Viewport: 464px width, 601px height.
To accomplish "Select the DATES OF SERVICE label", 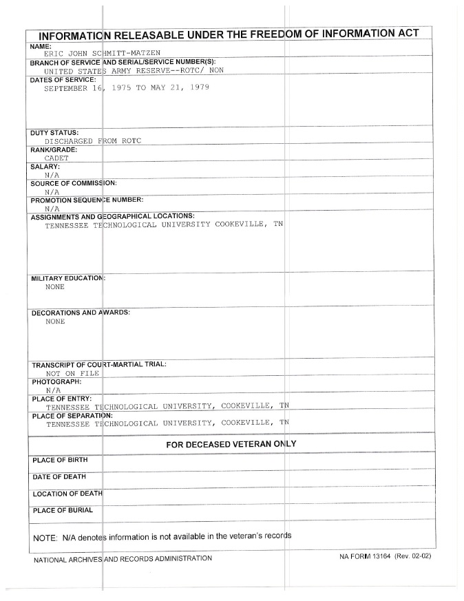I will [63, 80].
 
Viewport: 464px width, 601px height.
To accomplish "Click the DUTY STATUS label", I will [54, 132].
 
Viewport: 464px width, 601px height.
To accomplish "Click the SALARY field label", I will [45, 167].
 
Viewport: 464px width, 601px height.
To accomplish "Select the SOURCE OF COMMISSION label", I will [74, 183].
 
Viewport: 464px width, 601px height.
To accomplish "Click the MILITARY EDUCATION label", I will [67, 278].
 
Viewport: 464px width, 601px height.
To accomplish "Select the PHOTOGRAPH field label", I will [56, 381].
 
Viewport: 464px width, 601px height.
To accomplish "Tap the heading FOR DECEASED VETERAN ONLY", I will [231, 445].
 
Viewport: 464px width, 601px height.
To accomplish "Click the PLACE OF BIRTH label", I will [60, 459].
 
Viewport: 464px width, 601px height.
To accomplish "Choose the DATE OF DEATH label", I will [59, 476].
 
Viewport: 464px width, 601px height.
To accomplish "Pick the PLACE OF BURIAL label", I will [62, 510].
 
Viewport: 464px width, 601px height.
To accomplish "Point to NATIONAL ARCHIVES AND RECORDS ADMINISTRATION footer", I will [123, 558].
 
